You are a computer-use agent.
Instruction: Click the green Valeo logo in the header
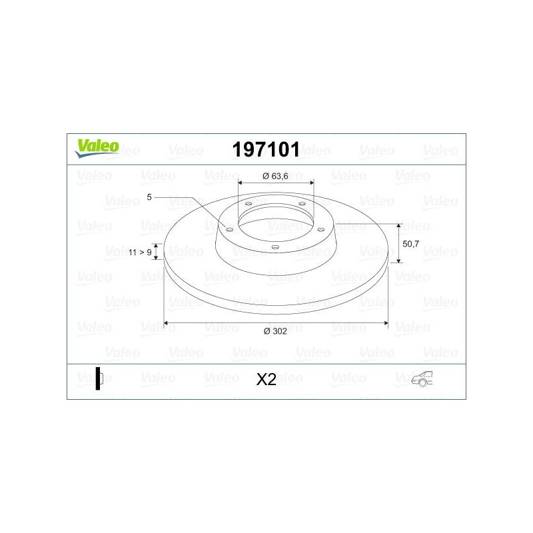click(97, 148)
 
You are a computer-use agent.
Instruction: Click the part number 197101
click(266, 149)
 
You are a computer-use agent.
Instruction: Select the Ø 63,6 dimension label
click(275, 176)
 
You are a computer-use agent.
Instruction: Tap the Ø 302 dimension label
click(275, 331)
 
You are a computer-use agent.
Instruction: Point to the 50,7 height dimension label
click(410, 244)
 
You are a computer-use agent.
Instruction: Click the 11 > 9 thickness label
click(140, 253)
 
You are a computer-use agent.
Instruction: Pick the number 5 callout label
click(149, 197)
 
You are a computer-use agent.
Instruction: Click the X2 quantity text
click(266, 379)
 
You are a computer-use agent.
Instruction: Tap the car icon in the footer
click(422, 378)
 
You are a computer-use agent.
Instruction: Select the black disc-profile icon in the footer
click(99, 378)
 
